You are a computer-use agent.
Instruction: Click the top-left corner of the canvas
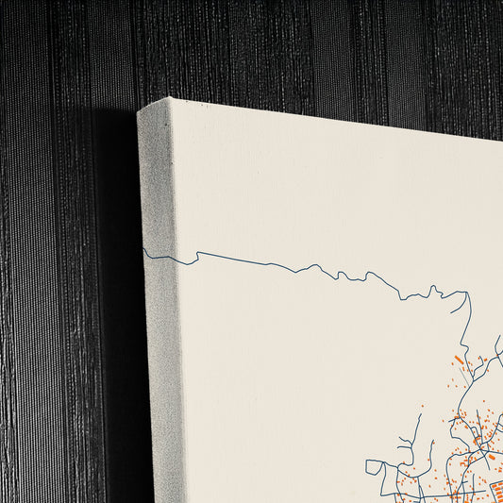[140, 109]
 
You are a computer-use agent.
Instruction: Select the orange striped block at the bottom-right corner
[491, 492]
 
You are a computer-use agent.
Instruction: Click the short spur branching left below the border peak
[455, 330]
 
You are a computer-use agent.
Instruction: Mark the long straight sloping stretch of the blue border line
[255, 259]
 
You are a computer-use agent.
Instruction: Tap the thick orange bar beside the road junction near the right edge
[491, 457]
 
